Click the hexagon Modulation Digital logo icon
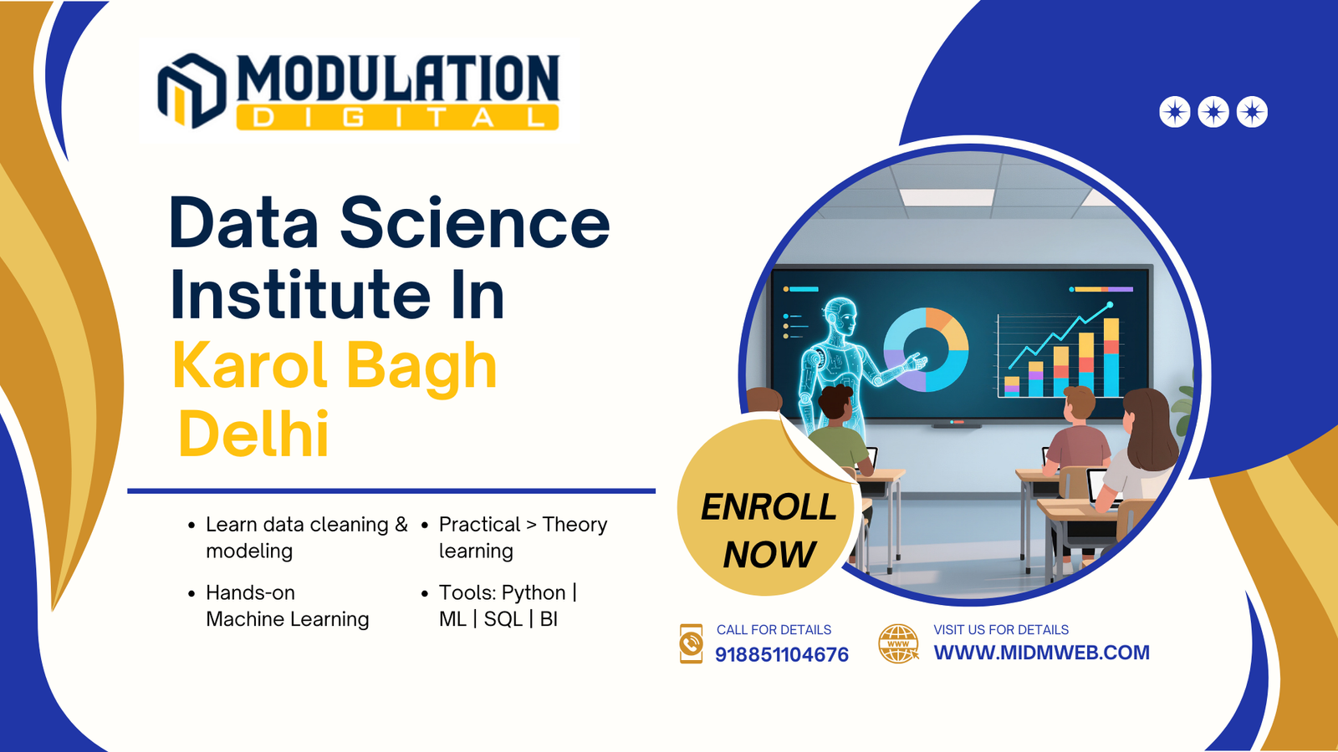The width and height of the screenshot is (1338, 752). pos(192,91)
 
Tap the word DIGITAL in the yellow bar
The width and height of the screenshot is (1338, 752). pos(398,118)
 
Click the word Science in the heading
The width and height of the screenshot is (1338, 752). pos(475,223)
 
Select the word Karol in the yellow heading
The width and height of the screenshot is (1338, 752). pos(250,364)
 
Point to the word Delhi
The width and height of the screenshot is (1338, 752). pos(253,434)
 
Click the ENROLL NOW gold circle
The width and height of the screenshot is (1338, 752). pos(768,507)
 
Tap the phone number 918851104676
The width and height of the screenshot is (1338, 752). pos(781,655)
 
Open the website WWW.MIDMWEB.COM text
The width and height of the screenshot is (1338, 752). pos(1042,653)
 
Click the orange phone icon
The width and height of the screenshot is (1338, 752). pos(691,644)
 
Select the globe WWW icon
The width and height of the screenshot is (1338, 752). pos(898,644)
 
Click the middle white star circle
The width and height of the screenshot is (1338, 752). pos(1213,112)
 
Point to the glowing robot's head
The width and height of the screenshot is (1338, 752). pos(843,317)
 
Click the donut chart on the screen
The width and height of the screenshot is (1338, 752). pos(926,350)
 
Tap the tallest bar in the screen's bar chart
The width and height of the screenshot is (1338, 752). pos(1111,357)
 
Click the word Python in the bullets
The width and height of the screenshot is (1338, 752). pos(534,592)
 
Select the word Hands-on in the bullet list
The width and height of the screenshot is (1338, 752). pos(250,592)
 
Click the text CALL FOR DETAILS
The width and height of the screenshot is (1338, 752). pos(774,630)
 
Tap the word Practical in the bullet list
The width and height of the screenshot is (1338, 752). pos(480,524)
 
